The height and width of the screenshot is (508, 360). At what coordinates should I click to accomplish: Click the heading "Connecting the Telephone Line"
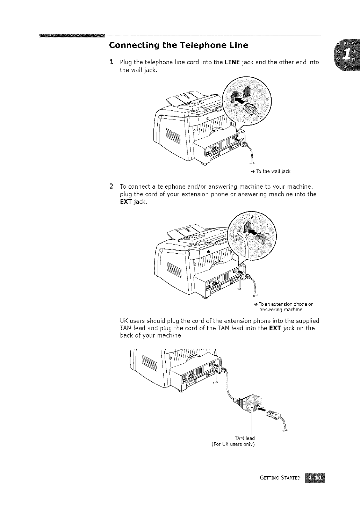[179, 45]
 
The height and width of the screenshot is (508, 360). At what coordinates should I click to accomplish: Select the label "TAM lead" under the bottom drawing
[245, 438]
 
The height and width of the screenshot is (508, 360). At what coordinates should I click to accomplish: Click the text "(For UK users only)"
[233, 444]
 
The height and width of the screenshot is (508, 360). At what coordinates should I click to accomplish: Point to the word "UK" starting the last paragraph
[124, 321]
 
